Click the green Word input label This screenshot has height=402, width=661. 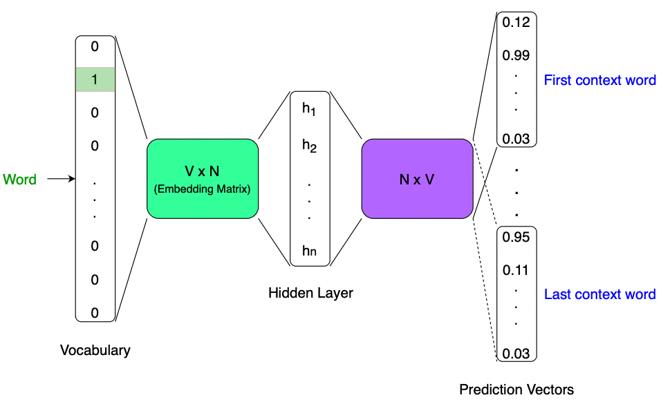pos(20,180)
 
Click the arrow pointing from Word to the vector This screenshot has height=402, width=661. pos(61,180)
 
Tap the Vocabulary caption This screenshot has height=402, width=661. pos(95,350)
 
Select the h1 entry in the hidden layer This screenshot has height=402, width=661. pos(309,109)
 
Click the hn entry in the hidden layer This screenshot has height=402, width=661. pos(309,250)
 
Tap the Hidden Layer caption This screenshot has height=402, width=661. pos(310,294)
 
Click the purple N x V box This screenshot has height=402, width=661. pos(417,179)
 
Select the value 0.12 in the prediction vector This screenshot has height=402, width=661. pos(516,23)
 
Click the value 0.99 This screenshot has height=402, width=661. pos(516,55)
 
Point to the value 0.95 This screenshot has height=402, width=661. pos(516,238)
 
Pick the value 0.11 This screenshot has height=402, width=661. pos(516,270)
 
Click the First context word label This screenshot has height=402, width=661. pos(599,80)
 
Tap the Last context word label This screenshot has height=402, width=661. pos(599,294)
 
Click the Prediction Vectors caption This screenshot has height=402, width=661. pos(516,390)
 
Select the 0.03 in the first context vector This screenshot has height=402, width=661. pos(516,139)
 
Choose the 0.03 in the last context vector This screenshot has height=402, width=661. pos(516,354)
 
